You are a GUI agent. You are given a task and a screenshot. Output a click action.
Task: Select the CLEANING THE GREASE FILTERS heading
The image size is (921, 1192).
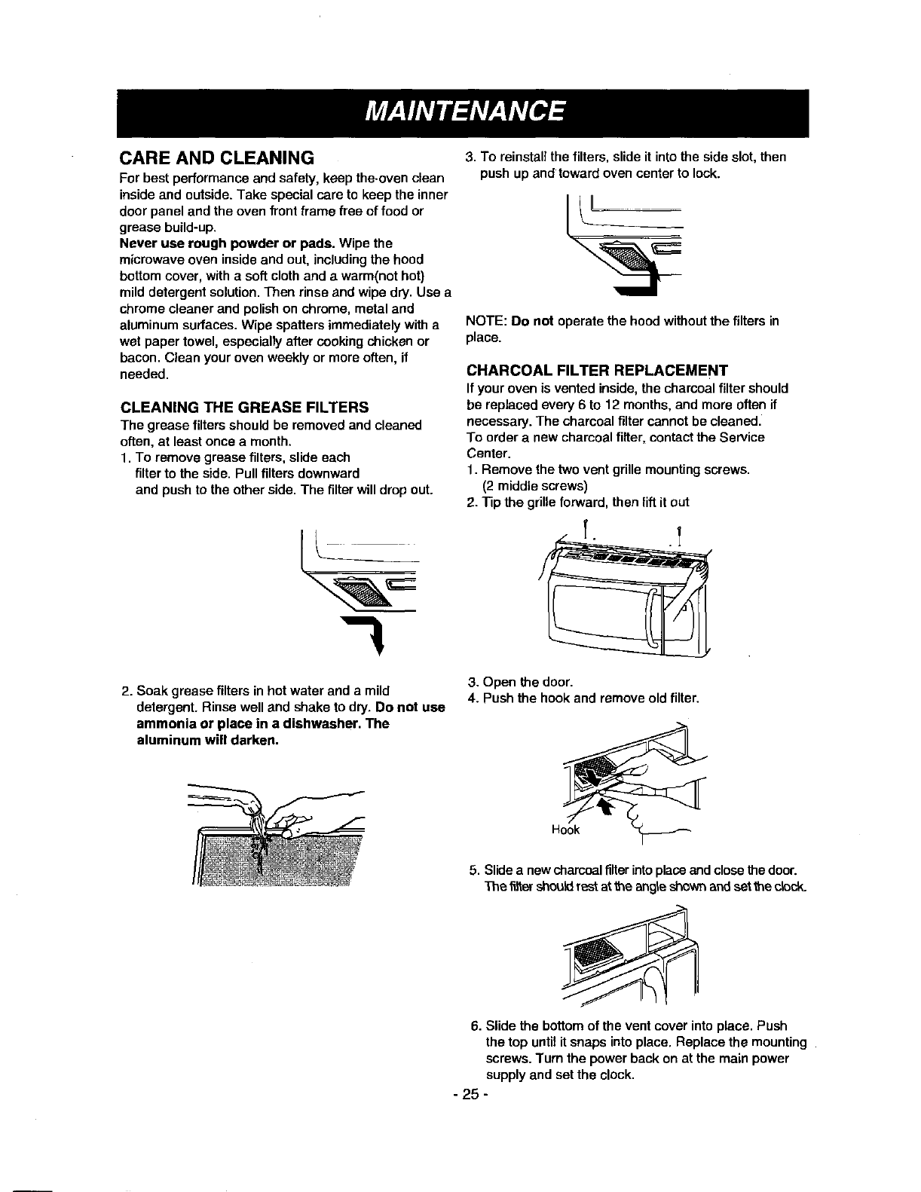[x=244, y=408]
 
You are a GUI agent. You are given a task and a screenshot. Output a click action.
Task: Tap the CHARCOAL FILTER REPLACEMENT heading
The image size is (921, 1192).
[x=597, y=371]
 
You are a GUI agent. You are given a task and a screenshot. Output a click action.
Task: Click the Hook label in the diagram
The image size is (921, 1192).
[x=565, y=830]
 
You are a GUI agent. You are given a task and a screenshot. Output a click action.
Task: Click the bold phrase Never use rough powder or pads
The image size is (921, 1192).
[x=228, y=243]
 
